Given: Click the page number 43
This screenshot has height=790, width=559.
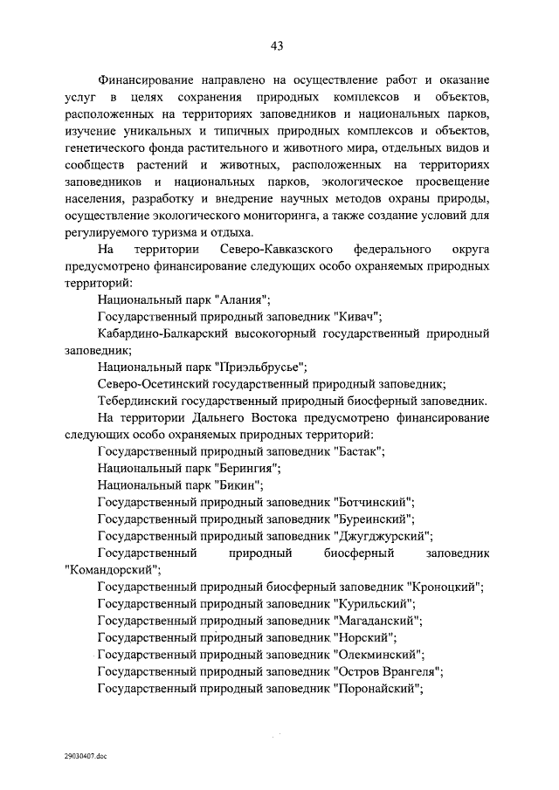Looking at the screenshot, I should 278,45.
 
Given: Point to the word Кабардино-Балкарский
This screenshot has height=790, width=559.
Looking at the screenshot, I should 166,334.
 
